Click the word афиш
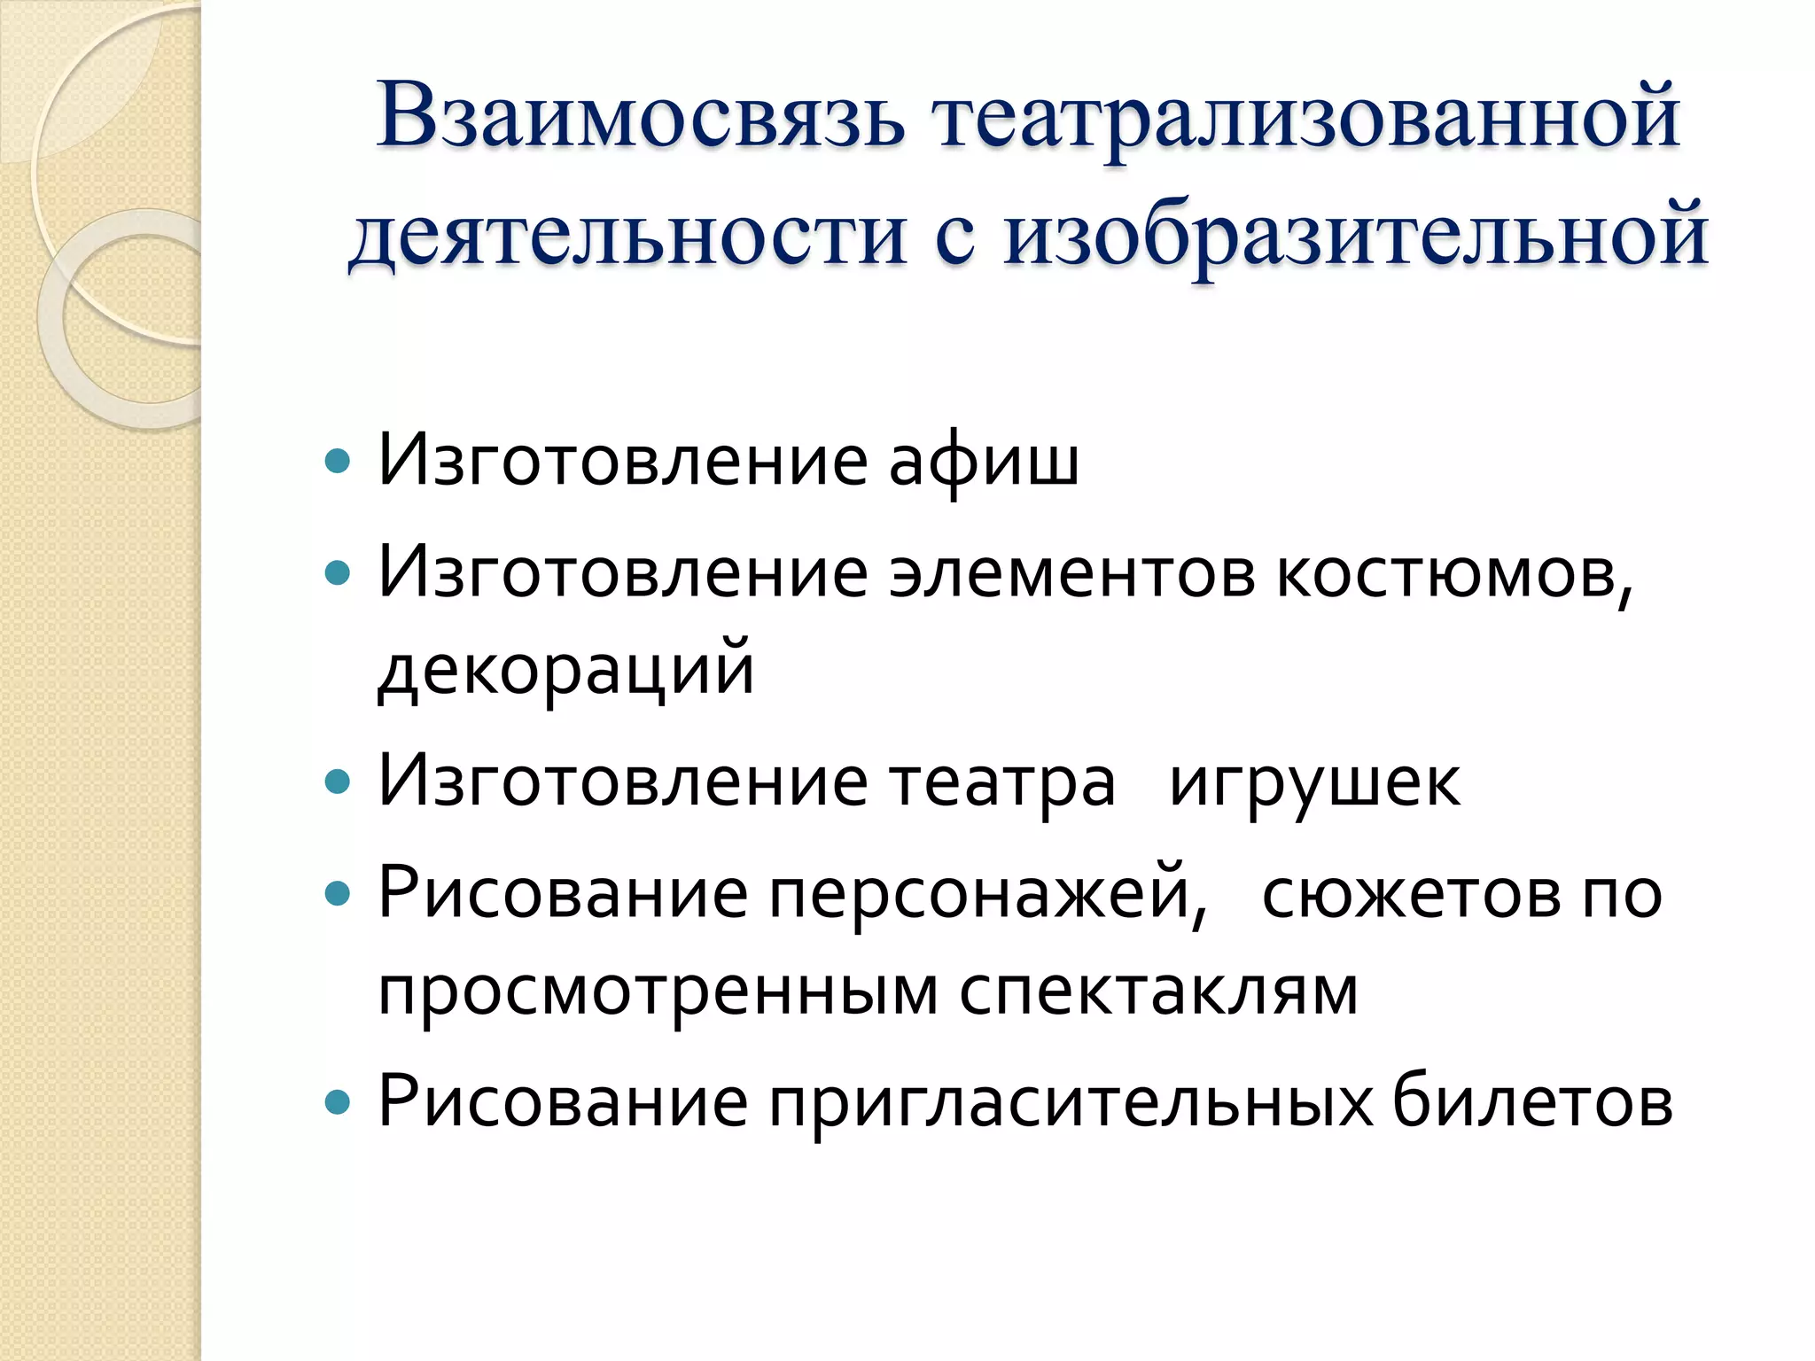click(x=984, y=462)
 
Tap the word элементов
click(x=1072, y=574)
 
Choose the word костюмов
click(x=1453, y=574)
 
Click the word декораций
click(x=565, y=670)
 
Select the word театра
click(x=1001, y=782)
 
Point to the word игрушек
click(x=1314, y=782)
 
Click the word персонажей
click(x=987, y=895)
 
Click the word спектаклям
click(x=1158, y=991)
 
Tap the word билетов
click(x=1532, y=1103)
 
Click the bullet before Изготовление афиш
click(x=338, y=462)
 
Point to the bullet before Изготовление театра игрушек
click(x=338, y=782)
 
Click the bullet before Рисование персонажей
click(x=338, y=895)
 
